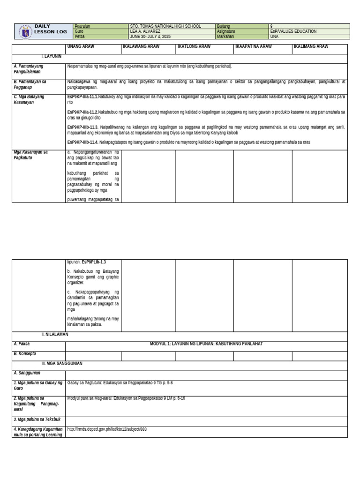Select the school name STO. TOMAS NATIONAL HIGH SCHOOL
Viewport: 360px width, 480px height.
[x=165, y=26]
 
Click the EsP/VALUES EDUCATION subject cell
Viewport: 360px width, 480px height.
[x=293, y=31]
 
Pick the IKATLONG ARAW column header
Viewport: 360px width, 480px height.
[x=194, y=47]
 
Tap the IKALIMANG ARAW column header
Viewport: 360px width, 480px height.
[x=311, y=47]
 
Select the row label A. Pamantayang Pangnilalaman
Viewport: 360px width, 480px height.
[x=29, y=69]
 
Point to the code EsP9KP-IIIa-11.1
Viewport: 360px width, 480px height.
[x=82, y=97]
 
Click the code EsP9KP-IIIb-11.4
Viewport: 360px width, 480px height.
[x=82, y=142]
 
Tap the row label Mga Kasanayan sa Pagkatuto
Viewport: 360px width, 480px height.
[x=30, y=155]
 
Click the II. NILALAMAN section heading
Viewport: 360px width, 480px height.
[x=55, y=335]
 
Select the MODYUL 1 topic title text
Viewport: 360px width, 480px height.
[x=206, y=344]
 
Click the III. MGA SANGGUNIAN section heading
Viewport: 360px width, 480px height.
[x=62, y=364]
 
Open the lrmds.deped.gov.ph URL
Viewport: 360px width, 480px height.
[x=107, y=429]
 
